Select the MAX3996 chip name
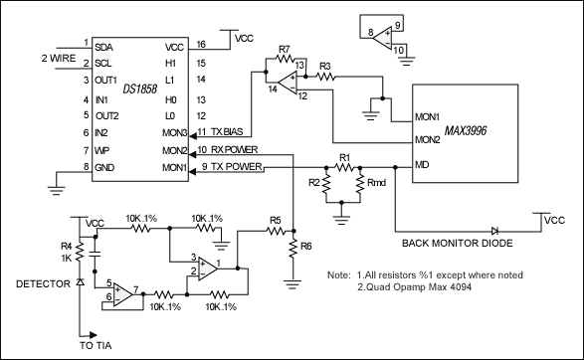tap(466, 130)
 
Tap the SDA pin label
tap(102, 46)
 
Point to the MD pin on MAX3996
tap(422, 164)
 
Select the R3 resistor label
tap(324, 65)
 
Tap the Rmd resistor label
tap(377, 184)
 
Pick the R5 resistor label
tap(276, 221)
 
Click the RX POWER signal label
tap(234, 150)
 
